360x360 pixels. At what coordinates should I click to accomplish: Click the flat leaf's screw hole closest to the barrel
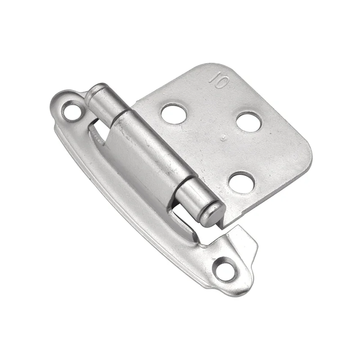click(174, 114)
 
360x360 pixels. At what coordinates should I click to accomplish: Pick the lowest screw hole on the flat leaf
click(242, 183)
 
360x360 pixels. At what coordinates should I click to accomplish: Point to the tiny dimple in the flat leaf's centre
click(223, 138)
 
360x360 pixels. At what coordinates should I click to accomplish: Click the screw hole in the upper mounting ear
click(72, 112)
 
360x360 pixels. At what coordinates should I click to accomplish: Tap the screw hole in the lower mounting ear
click(226, 269)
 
